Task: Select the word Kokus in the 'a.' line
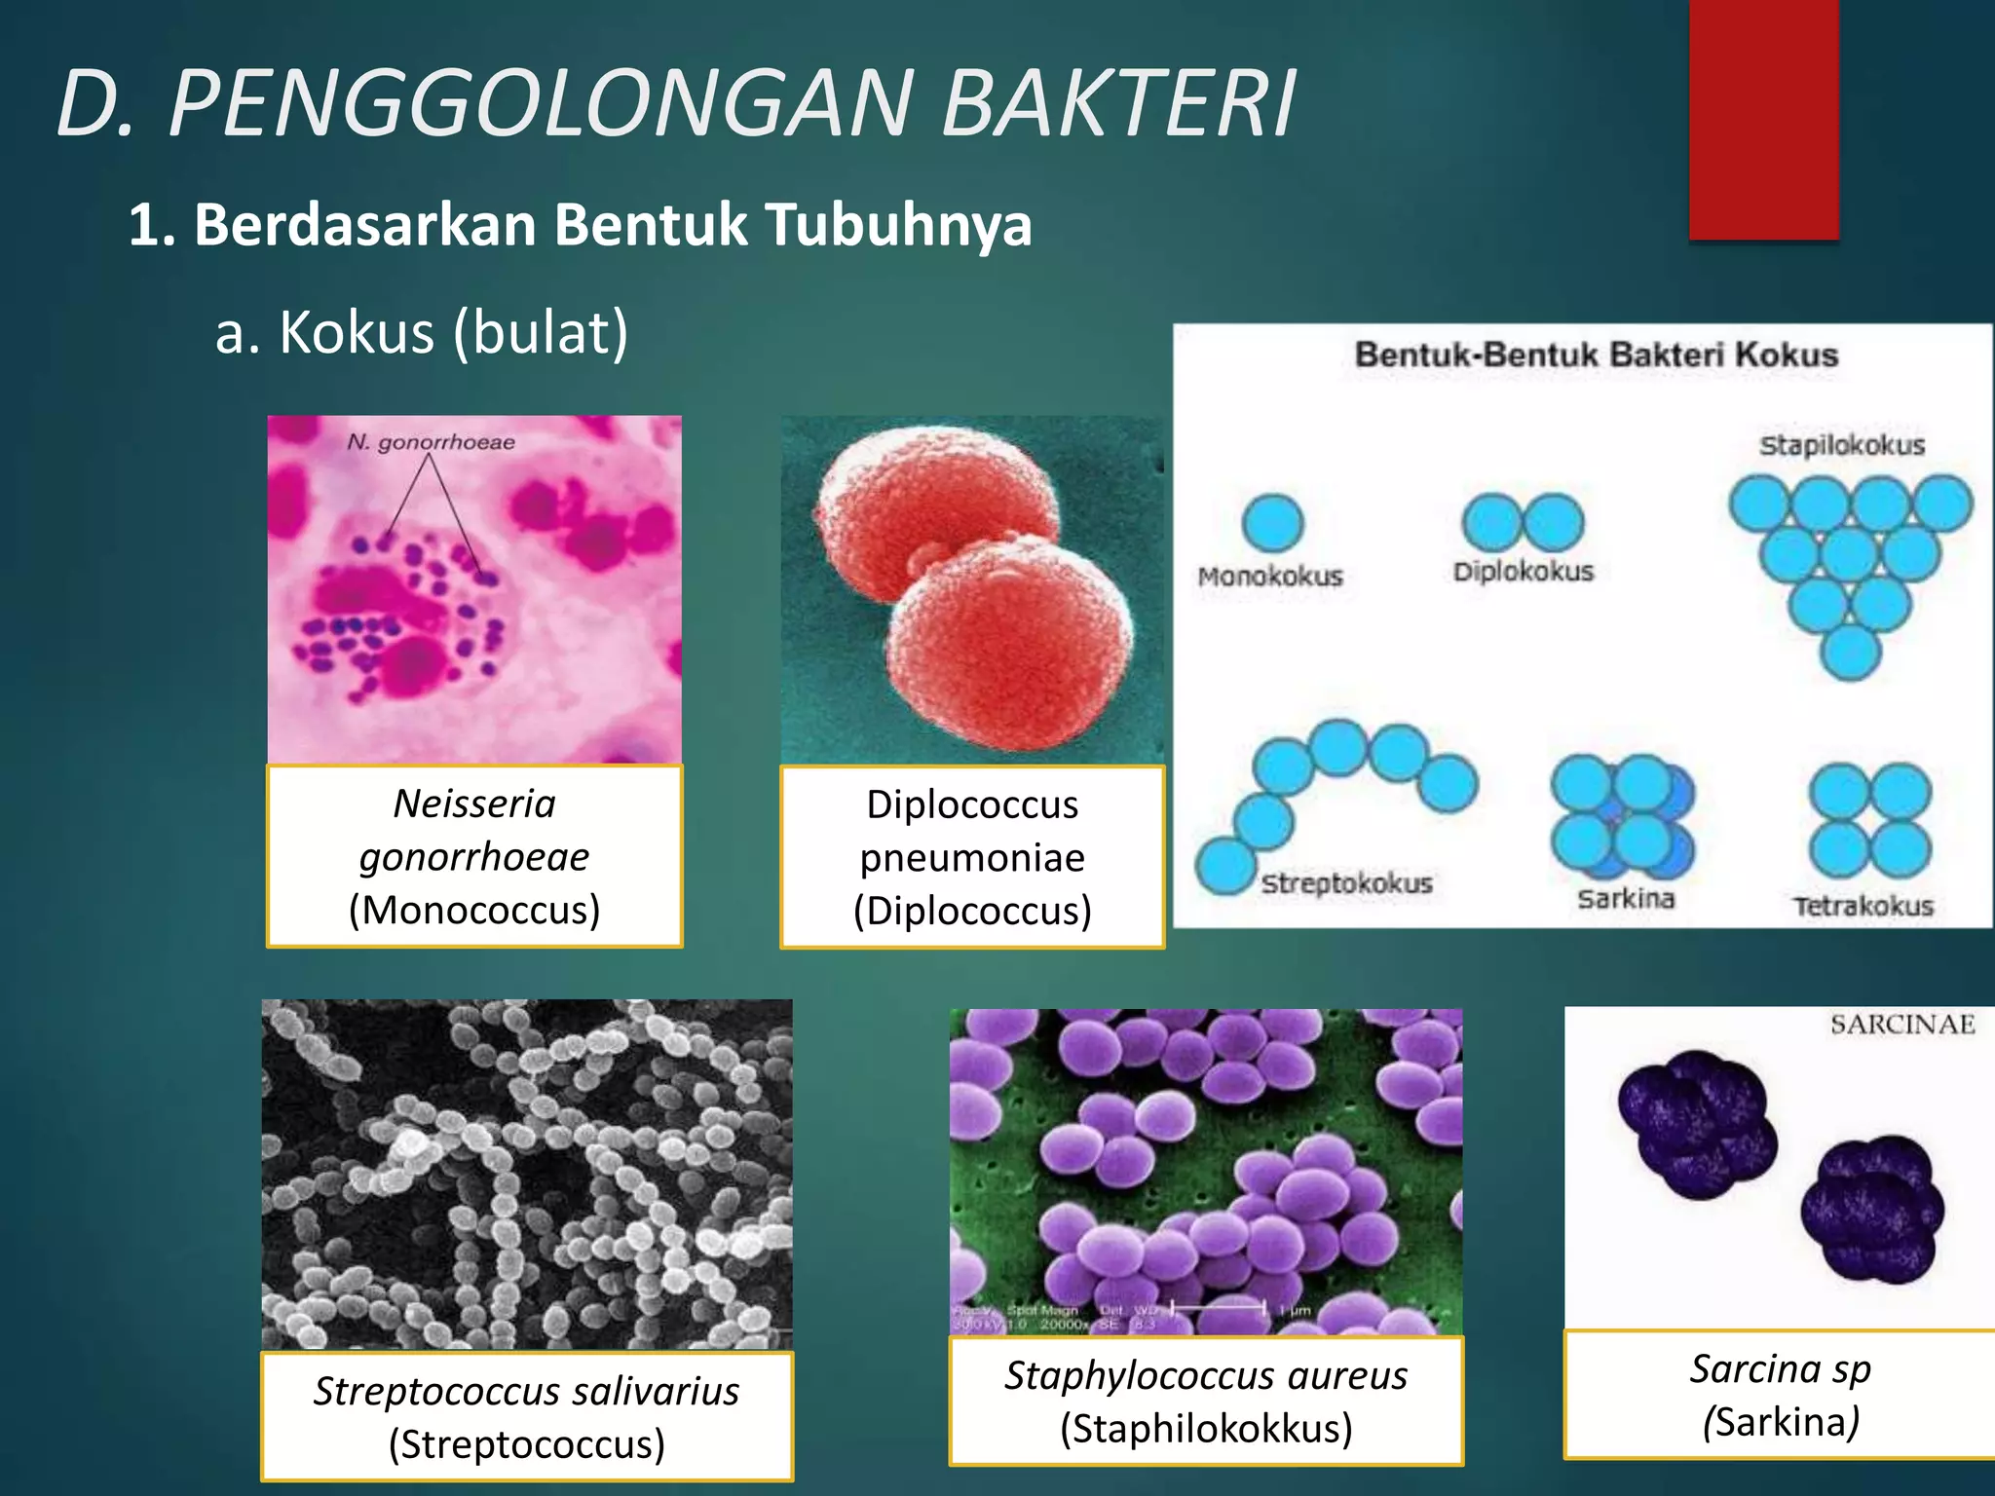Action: pyautogui.click(x=357, y=333)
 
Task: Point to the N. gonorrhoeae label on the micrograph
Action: pyautogui.click(x=431, y=442)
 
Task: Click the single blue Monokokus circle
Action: pyautogui.click(x=1272, y=522)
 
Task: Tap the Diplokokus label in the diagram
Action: pyautogui.click(x=1523, y=572)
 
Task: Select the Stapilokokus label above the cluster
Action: pyautogui.click(x=1841, y=445)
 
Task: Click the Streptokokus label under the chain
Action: pyautogui.click(x=1346, y=883)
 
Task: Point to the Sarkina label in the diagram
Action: pyautogui.click(x=1626, y=898)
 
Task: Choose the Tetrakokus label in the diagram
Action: pyautogui.click(x=1863, y=906)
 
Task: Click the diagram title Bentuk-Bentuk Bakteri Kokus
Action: pyautogui.click(x=1596, y=355)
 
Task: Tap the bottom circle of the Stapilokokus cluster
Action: pyautogui.click(x=1850, y=652)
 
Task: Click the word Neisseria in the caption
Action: pyautogui.click(x=474, y=804)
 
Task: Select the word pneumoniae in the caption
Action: pyautogui.click(x=971, y=858)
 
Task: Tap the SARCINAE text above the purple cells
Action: pyautogui.click(x=1901, y=1024)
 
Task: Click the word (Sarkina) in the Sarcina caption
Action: pyautogui.click(x=1781, y=1422)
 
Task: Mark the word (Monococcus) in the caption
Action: pyautogui.click(x=474, y=910)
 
